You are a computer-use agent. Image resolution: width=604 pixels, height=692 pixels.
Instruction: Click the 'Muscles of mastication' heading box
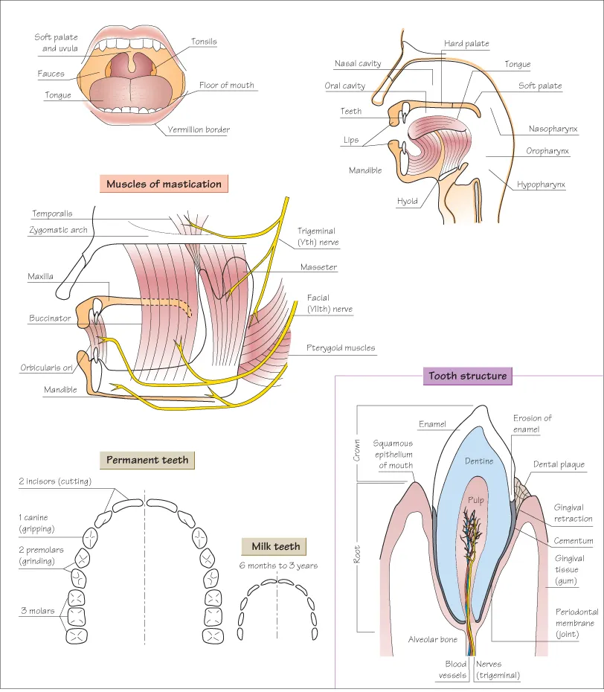pyautogui.click(x=164, y=184)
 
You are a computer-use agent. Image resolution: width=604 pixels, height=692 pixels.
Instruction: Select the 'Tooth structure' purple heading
pyautogui.click(x=467, y=376)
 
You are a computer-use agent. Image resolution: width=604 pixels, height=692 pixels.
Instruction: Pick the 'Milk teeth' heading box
pyautogui.click(x=276, y=546)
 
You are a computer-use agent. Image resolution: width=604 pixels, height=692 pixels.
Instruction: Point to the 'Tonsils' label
pyautogui.click(x=204, y=42)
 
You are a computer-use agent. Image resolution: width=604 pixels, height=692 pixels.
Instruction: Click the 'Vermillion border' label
pyautogui.click(x=199, y=129)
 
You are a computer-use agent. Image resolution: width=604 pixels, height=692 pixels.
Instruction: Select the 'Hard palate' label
pyautogui.click(x=466, y=44)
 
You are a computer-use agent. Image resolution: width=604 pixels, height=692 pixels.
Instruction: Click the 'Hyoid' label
pyautogui.click(x=407, y=201)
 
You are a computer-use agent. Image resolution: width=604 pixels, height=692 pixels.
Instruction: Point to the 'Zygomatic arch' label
pyautogui.click(x=59, y=231)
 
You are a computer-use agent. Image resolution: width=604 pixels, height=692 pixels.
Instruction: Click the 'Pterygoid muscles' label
pyautogui.click(x=341, y=347)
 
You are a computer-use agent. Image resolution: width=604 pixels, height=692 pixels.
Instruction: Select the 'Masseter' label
pyautogui.click(x=318, y=267)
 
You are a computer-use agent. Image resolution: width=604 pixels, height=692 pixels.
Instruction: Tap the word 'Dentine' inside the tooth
pyautogui.click(x=479, y=461)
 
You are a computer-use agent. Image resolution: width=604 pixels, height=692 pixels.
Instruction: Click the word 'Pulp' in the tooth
pyautogui.click(x=475, y=500)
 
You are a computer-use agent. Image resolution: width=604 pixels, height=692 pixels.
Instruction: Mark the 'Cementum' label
pyautogui.click(x=574, y=541)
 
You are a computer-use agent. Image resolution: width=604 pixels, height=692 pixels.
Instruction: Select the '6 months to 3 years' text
pyautogui.click(x=278, y=566)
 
